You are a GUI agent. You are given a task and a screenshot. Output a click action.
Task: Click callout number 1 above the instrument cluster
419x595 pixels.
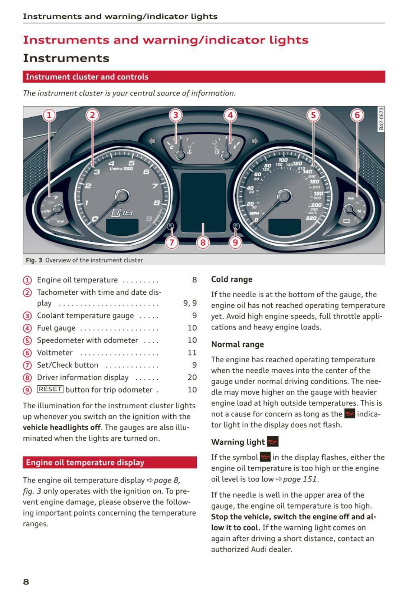click(49, 115)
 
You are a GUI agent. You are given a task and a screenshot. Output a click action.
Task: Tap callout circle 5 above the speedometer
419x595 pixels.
click(313, 115)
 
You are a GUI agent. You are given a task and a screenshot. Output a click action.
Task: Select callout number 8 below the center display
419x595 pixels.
click(203, 242)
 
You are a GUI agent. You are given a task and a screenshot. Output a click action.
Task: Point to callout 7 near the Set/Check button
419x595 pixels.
click(172, 242)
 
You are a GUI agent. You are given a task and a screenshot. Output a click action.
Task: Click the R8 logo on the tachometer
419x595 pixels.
click(122, 213)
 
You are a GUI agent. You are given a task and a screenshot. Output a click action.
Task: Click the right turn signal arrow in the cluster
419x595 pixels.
click(255, 141)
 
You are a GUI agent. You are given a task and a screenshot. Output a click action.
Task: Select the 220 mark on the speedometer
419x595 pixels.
click(311, 218)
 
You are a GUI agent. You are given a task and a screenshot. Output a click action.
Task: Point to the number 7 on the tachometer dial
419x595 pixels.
click(155, 186)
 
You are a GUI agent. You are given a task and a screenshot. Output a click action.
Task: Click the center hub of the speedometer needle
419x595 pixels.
click(284, 196)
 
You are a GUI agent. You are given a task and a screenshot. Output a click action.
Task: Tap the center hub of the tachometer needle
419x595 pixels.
click(122, 196)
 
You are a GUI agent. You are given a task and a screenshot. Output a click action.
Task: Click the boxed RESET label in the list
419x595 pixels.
click(50, 389)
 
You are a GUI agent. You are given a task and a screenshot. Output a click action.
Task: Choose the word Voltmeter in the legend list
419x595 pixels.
click(55, 353)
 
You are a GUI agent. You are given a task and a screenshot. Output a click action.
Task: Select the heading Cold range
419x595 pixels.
click(231, 279)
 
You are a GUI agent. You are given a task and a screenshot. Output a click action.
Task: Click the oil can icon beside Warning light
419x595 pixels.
click(273, 441)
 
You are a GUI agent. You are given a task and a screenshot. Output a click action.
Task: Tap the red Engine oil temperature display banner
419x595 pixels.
click(110, 462)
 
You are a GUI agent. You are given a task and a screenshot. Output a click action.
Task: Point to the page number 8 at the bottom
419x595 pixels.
click(26, 582)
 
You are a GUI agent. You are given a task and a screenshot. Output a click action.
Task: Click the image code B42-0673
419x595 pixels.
click(381, 119)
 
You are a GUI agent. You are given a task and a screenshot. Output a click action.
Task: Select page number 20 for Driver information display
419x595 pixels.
click(192, 377)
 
